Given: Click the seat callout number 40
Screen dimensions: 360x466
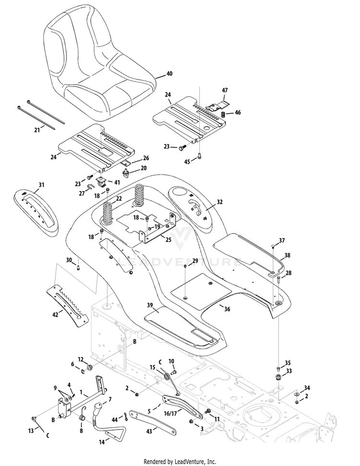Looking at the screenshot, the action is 169,73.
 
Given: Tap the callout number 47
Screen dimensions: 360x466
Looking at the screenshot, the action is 225,90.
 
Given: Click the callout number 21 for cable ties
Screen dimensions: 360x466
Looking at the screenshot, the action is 37,130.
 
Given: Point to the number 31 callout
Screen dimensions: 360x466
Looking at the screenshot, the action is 41,185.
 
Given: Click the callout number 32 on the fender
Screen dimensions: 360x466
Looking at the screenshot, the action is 219,202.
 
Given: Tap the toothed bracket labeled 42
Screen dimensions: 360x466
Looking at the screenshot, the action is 68,305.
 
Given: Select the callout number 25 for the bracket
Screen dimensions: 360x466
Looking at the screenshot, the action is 168,239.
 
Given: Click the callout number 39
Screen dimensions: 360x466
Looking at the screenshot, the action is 150,305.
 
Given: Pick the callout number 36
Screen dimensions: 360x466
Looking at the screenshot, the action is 227,309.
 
